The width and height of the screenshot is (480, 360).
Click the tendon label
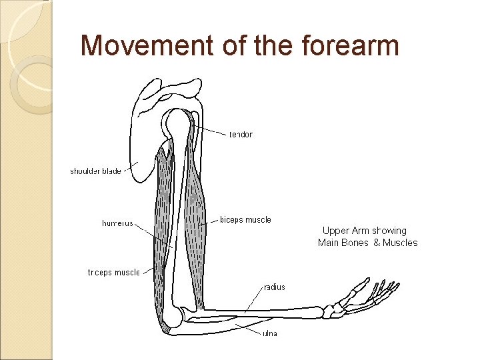(241, 135)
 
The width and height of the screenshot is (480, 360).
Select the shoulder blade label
(95, 171)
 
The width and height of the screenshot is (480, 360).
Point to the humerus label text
(117, 223)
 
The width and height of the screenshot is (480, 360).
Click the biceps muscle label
(245, 220)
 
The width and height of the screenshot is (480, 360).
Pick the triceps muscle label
(114, 272)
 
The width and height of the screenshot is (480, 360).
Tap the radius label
(275, 287)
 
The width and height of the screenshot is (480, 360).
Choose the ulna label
(269, 333)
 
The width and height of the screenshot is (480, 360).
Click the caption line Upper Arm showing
(364, 231)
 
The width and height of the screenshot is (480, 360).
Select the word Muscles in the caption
(400, 243)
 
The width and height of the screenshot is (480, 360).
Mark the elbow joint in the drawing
(175, 317)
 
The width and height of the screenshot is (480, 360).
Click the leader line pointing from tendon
(212, 130)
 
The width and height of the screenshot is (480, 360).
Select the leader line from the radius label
(254, 298)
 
